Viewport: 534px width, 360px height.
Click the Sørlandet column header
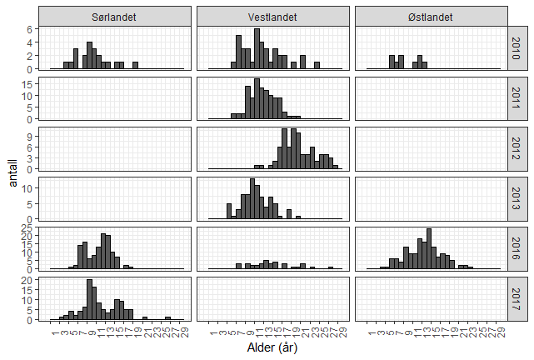click(x=114, y=17)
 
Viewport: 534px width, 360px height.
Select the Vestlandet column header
click(x=271, y=17)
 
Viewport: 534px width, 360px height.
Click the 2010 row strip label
click(x=517, y=48)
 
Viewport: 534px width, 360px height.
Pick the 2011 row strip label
click(x=517, y=98)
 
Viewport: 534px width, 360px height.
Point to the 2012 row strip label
click(x=517, y=148)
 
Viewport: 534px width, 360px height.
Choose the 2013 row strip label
click(x=517, y=198)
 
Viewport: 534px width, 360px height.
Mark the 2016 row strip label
click(x=517, y=248)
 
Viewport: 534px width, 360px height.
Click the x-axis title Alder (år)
click(x=271, y=348)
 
